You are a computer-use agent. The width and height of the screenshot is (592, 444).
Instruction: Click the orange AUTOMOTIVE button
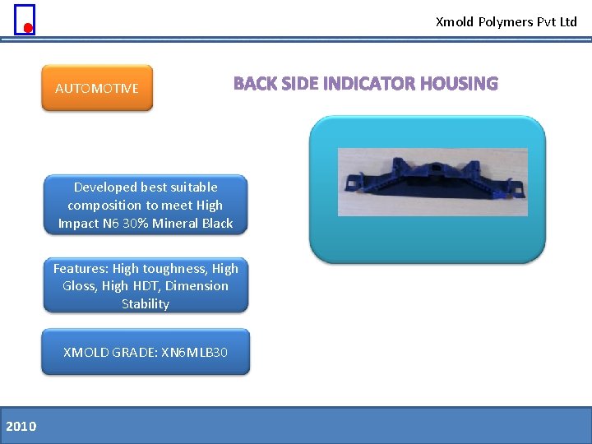click(x=97, y=88)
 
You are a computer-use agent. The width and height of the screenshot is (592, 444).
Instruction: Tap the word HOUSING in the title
click(x=459, y=84)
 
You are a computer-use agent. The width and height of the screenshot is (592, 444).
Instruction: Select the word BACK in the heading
click(x=255, y=84)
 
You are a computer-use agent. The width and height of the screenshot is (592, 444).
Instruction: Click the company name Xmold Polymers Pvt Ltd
click(x=506, y=22)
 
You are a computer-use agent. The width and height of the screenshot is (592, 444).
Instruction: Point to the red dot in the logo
click(x=27, y=28)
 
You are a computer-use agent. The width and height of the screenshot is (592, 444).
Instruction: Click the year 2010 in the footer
click(x=21, y=426)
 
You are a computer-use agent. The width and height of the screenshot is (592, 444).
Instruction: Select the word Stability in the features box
click(x=146, y=304)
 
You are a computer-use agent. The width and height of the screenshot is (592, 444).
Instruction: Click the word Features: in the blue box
click(x=81, y=268)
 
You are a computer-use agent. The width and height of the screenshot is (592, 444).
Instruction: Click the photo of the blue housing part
click(x=432, y=182)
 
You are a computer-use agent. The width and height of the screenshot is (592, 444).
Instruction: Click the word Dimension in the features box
click(x=197, y=286)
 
